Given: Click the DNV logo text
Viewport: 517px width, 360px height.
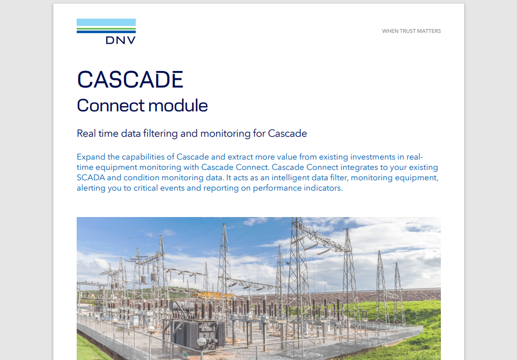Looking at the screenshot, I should coord(120,40).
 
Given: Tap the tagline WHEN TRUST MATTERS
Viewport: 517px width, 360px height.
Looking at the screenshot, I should coord(411,31).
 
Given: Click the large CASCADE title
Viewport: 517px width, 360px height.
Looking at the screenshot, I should coord(130,79).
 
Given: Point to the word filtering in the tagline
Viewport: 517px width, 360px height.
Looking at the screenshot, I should coord(157,134).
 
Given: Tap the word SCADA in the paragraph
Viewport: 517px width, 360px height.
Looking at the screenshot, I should coord(90,178).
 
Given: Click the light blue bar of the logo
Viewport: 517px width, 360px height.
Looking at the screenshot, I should coord(106,22).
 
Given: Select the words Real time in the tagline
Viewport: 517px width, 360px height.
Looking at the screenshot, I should coord(97,134).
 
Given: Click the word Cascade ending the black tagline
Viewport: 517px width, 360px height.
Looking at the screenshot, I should coord(288,134).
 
